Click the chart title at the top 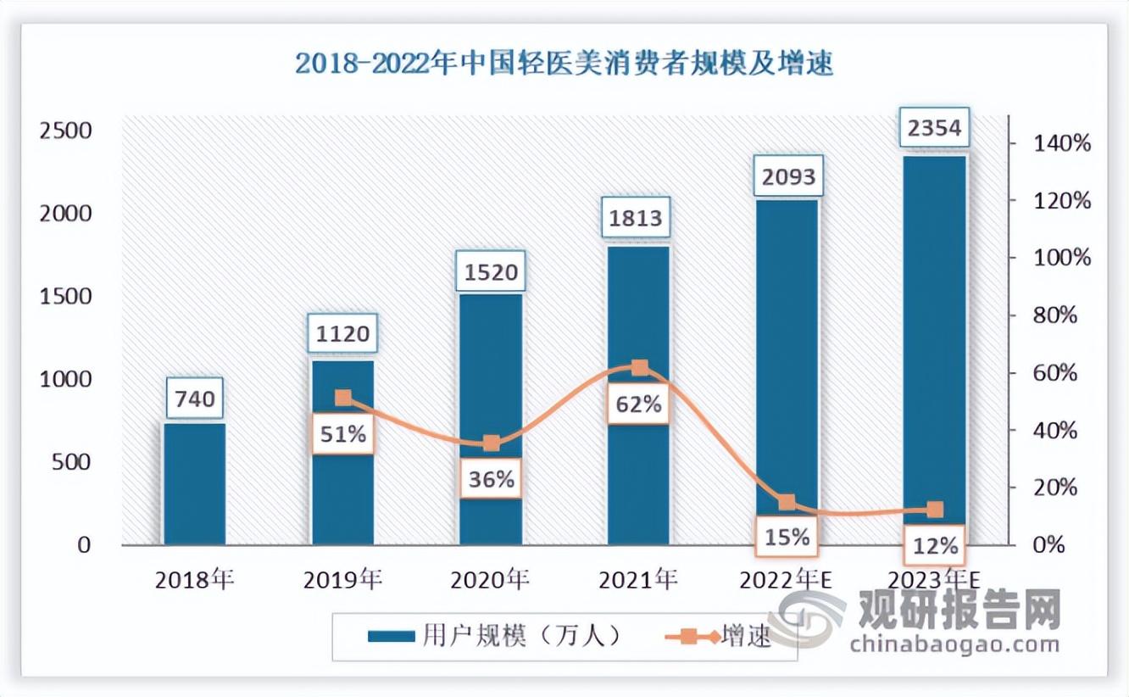[x=564, y=64]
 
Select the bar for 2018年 [x=194, y=483]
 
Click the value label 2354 [x=934, y=129]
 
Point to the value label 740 [x=194, y=398]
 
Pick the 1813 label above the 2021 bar [x=639, y=219]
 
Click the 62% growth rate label [x=639, y=404]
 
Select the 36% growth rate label [x=491, y=479]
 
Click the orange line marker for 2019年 [x=342, y=398]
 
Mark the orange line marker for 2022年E [x=787, y=502]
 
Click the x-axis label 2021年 [x=638, y=580]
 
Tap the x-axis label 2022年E [x=787, y=580]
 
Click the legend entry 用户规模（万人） [x=497, y=636]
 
